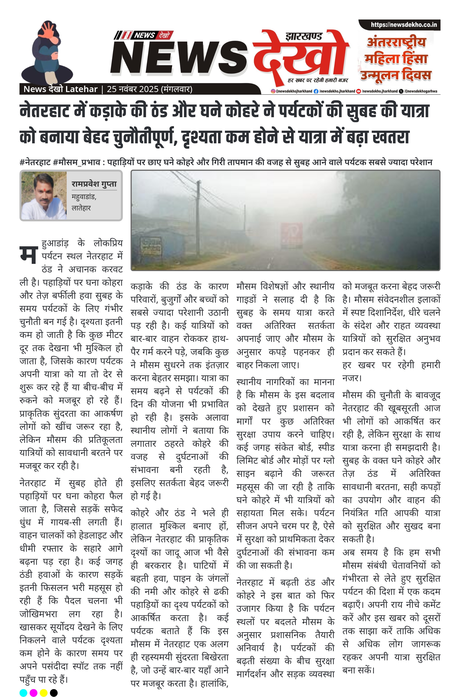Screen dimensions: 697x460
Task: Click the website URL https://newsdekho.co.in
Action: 404,25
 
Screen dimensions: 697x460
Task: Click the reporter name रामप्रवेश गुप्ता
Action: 94,184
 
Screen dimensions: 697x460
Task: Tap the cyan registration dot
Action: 23,693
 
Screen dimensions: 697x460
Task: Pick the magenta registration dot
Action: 34,693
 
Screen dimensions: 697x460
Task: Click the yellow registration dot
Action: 43,693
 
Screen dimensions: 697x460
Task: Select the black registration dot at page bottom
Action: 54,693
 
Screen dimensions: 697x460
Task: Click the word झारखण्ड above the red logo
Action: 303,37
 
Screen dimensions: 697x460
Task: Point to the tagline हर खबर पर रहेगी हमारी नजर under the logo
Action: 318,80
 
